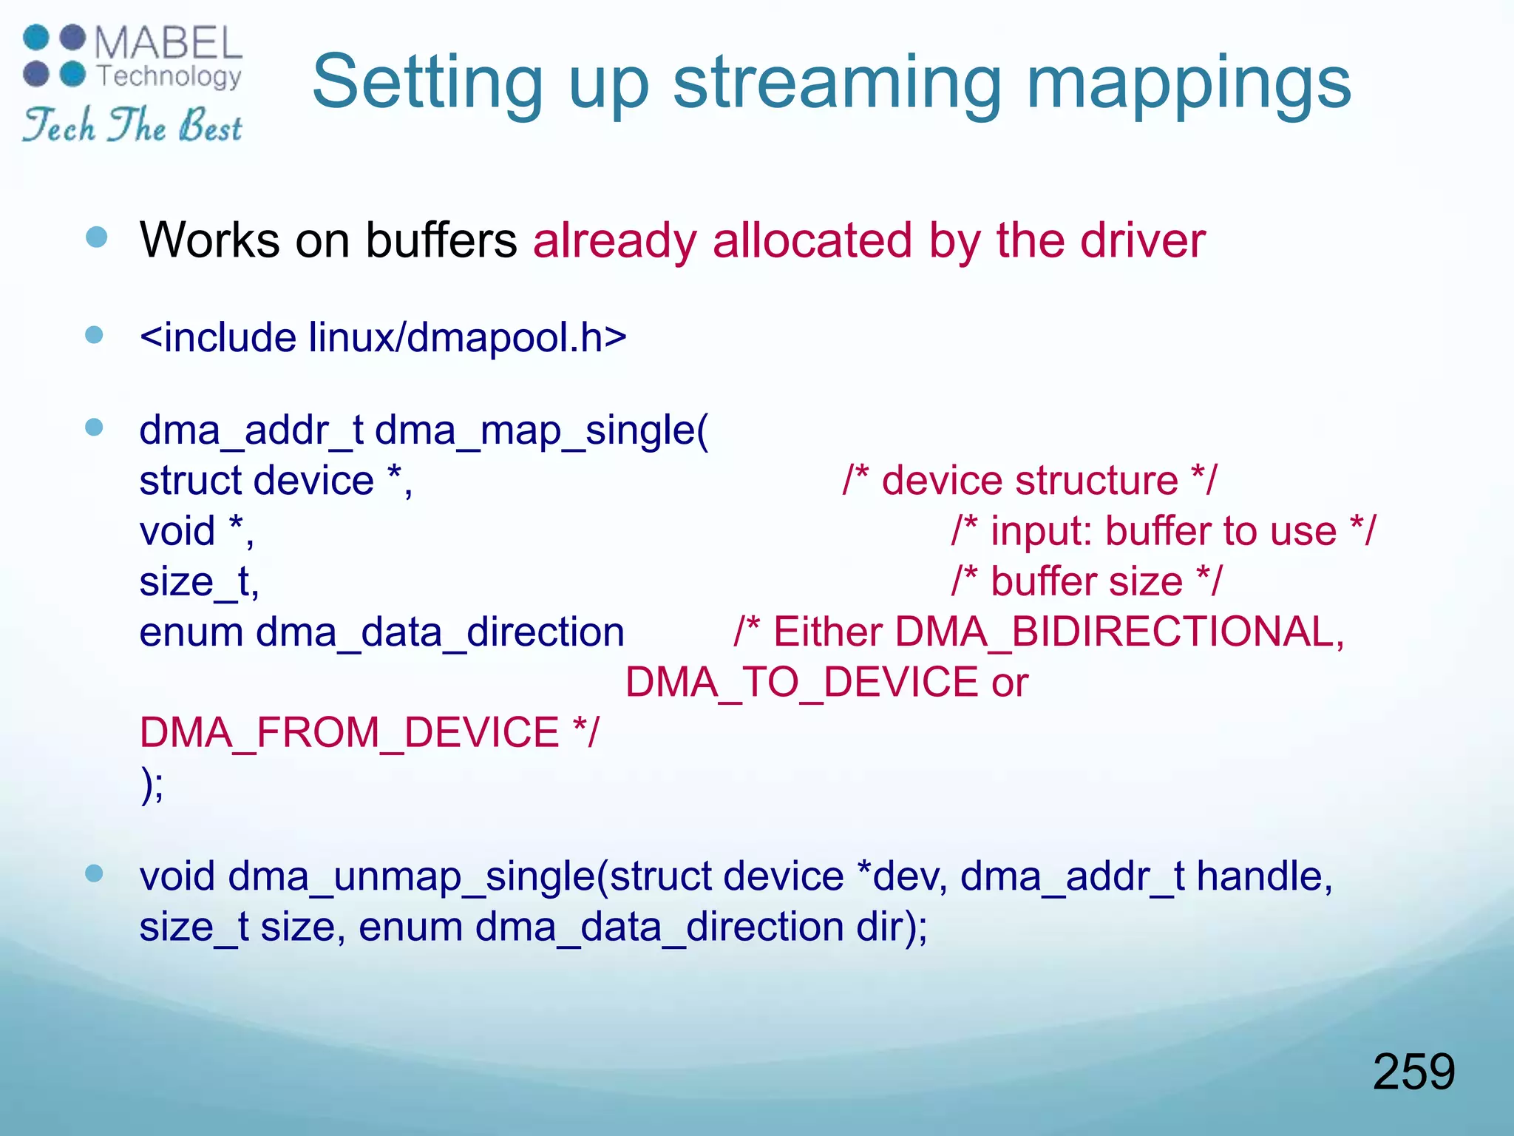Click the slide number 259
click(1413, 1072)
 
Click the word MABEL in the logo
click(168, 44)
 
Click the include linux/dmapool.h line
click(383, 338)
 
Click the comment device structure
click(1029, 481)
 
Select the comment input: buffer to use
click(1163, 531)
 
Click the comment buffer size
click(1086, 581)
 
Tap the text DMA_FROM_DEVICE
click(349, 732)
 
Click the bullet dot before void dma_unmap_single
click(94, 874)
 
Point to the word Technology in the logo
click(170, 75)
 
